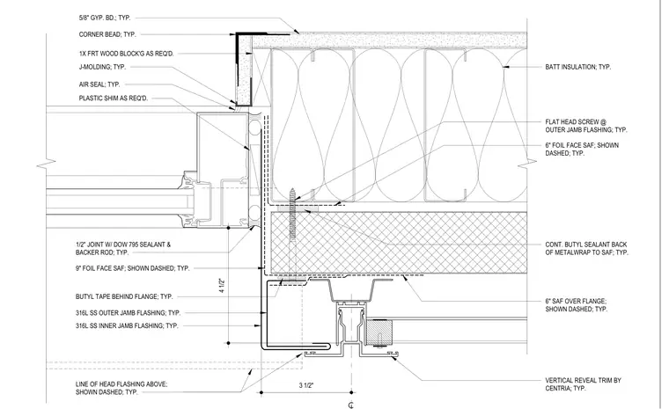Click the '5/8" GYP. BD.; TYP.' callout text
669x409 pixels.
click(105, 18)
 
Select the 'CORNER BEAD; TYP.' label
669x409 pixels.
click(107, 34)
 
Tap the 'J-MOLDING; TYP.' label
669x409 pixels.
click(102, 67)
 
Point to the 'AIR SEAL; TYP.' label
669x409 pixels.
click(99, 84)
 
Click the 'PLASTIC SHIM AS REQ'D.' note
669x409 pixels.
click(114, 99)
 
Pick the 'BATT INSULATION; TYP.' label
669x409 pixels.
click(577, 67)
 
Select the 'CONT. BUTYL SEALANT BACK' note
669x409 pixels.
click(585, 245)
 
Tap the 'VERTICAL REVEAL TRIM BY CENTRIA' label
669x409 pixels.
click(583, 384)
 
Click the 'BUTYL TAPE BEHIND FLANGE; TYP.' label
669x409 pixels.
click(124, 296)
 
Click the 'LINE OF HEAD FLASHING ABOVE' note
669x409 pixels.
click(121, 384)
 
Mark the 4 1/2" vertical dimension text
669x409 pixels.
click(222, 285)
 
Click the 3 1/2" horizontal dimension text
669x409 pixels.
click(306, 385)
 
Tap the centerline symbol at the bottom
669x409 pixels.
click(350, 405)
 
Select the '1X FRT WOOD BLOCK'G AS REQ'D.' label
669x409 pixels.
click(126, 54)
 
